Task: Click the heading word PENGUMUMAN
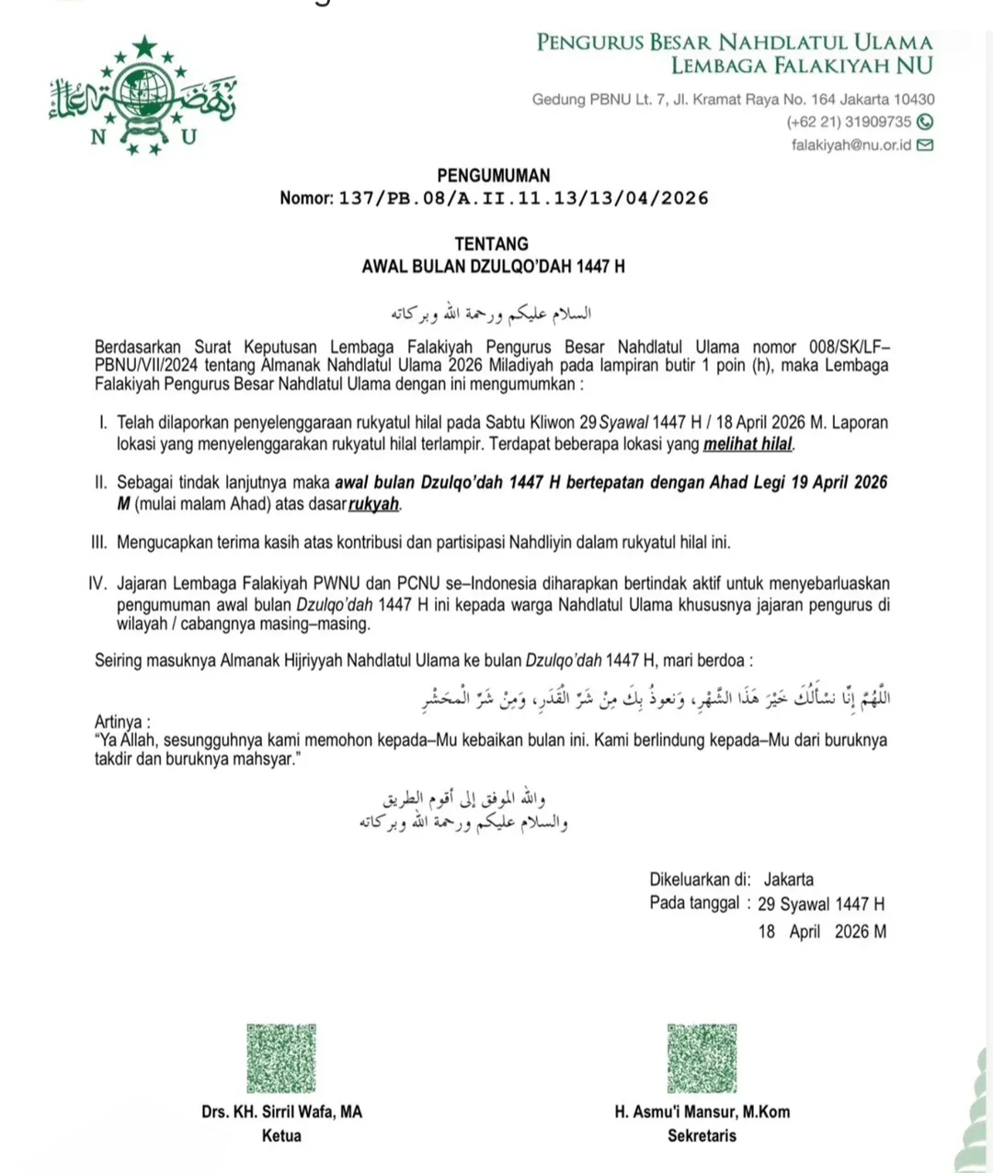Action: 493,176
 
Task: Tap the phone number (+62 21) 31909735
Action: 849,121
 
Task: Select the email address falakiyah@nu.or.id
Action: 850,145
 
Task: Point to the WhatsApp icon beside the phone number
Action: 925,121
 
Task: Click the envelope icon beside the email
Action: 925,144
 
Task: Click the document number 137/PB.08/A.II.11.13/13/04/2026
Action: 523,198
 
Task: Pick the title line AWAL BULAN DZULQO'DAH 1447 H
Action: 493,267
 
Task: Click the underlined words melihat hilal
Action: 748,444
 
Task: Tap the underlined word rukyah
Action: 373,504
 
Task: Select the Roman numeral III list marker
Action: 98,543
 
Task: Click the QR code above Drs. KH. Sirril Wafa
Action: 280,1058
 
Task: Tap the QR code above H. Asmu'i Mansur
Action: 702,1058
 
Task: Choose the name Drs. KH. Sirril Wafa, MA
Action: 281,1111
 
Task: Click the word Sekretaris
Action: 702,1135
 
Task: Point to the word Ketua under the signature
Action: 281,1135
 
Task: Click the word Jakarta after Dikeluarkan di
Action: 788,879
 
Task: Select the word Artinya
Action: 121,721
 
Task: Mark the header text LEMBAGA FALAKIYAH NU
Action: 801,65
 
